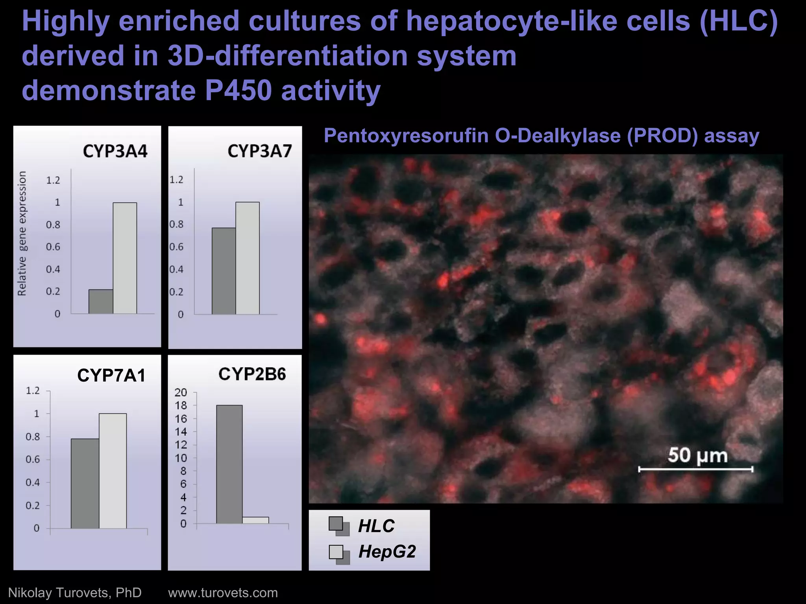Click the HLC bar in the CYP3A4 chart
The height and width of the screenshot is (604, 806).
point(101,302)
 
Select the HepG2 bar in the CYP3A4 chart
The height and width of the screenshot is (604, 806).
point(125,258)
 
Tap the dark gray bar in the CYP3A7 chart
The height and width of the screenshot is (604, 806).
point(224,271)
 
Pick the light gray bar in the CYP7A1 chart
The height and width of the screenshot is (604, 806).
point(113,471)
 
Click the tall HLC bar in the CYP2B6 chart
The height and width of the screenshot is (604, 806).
point(229,464)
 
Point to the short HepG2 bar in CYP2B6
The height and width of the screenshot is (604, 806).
point(255,520)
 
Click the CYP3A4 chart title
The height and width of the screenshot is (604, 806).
point(115,151)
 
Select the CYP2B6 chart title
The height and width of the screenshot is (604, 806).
point(252,374)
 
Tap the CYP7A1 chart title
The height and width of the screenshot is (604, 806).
point(111,376)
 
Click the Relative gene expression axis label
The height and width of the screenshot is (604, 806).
point(22,234)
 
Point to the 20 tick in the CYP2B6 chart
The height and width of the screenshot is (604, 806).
point(181,392)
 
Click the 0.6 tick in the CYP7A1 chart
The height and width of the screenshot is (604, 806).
point(33,459)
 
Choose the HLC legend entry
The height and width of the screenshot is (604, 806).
point(376,526)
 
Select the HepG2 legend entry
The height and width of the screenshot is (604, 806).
point(386,552)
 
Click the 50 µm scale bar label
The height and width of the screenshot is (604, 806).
point(697,455)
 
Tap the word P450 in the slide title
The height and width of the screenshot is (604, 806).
point(238,90)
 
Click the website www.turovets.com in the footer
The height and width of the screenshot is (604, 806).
point(223,593)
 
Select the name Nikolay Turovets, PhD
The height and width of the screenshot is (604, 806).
point(75,593)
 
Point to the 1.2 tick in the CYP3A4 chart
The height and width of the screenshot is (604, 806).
point(53,180)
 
